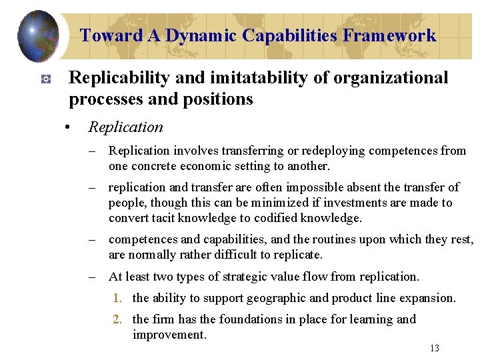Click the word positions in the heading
click(220, 99)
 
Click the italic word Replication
click(125, 127)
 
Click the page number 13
click(435, 348)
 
